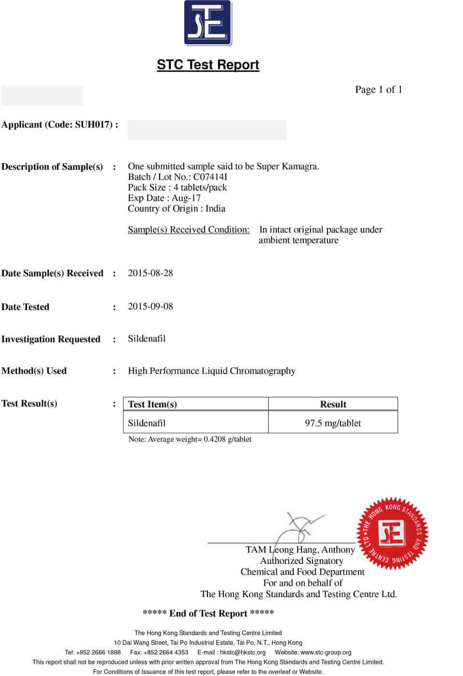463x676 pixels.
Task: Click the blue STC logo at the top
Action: point(208,23)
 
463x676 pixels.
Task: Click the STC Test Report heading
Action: point(208,65)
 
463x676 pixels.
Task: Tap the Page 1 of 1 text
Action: point(378,90)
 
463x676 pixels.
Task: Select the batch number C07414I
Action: point(210,177)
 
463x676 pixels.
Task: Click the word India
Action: point(215,208)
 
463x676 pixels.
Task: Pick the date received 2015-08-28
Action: point(150,273)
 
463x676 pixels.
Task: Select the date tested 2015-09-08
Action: point(150,306)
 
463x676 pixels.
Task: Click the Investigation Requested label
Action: point(51,339)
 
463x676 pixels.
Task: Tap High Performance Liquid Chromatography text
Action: point(211,371)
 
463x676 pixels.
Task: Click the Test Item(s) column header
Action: point(152,404)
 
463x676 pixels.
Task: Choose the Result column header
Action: point(333,404)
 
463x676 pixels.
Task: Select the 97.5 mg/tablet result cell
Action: point(333,423)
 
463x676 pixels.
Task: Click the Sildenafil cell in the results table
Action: point(147,423)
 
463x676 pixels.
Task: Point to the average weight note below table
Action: point(190,439)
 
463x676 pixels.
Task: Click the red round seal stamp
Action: point(392,533)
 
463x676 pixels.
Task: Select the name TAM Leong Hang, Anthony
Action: point(300,549)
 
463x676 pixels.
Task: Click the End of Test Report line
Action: point(208,613)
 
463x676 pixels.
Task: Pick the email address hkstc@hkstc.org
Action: point(243,652)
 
